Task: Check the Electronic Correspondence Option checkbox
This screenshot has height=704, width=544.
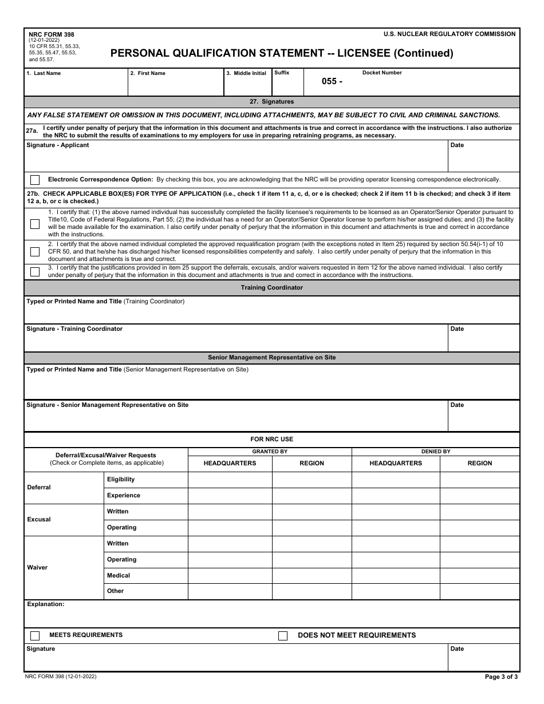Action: (x=35, y=180)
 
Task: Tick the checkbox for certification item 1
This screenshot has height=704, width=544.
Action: (x=35, y=224)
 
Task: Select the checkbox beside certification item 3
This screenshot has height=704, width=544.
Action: (x=35, y=272)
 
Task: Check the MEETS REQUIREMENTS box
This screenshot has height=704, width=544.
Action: (x=35, y=635)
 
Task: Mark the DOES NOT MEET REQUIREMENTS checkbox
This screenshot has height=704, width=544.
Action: (x=283, y=636)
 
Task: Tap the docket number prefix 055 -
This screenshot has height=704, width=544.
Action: (x=332, y=81)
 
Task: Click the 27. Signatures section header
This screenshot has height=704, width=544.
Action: (x=271, y=101)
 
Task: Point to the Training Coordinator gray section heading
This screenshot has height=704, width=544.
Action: (x=271, y=287)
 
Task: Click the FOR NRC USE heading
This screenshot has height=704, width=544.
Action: (x=271, y=439)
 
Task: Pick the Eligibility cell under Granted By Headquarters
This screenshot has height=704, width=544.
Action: (x=230, y=480)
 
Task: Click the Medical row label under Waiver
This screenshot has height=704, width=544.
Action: (x=119, y=575)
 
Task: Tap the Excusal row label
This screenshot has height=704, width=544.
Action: (x=39, y=519)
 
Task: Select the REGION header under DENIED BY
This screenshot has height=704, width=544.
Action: (x=479, y=463)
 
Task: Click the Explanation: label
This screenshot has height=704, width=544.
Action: (x=45, y=604)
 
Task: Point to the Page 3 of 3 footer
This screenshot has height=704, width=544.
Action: (x=501, y=677)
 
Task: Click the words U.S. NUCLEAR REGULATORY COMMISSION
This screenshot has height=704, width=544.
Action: (x=450, y=34)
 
